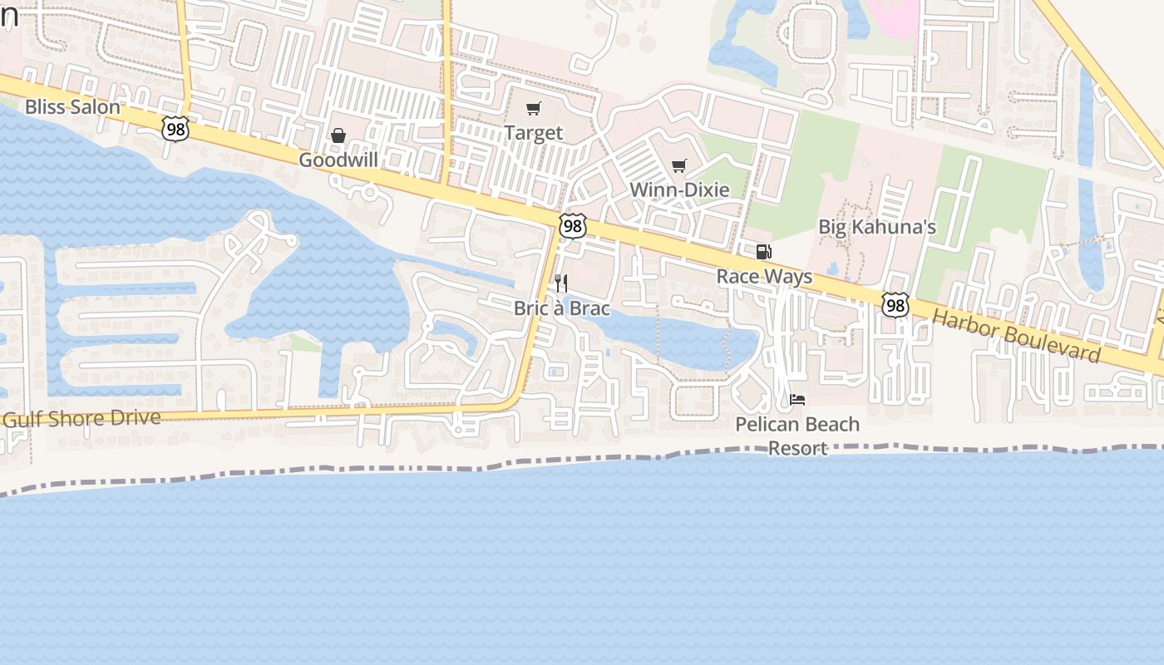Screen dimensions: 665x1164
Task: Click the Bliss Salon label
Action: pos(72,107)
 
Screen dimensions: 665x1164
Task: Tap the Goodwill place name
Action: pos(338,160)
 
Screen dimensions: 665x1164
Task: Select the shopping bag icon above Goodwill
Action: pos(338,135)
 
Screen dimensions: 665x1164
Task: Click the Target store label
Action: pos(534,133)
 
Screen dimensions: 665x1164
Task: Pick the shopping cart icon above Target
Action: pos(534,109)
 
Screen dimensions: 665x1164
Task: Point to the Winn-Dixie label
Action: pos(679,190)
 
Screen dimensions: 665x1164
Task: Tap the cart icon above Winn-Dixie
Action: pos(679,165)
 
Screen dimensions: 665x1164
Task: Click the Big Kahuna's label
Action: pos(877,227)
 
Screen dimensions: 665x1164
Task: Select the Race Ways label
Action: pos(764,276)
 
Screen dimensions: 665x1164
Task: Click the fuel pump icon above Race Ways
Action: pos(763,252)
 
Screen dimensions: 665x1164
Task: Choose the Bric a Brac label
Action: pos(561,308)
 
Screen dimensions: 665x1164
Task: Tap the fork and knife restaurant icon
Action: pos(561,283)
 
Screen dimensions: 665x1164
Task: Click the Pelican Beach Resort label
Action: pos(797,436)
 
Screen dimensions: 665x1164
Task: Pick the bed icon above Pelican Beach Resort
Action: pos(797,400)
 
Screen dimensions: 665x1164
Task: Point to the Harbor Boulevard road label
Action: pos(1016,336)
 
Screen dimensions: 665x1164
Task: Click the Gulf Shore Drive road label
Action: pos(81,417)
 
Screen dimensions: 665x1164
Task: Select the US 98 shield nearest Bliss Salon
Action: pos(175,129)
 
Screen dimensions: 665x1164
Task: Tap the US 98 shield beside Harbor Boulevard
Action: pos(895,305)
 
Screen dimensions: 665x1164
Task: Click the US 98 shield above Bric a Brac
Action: pos(572,226)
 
